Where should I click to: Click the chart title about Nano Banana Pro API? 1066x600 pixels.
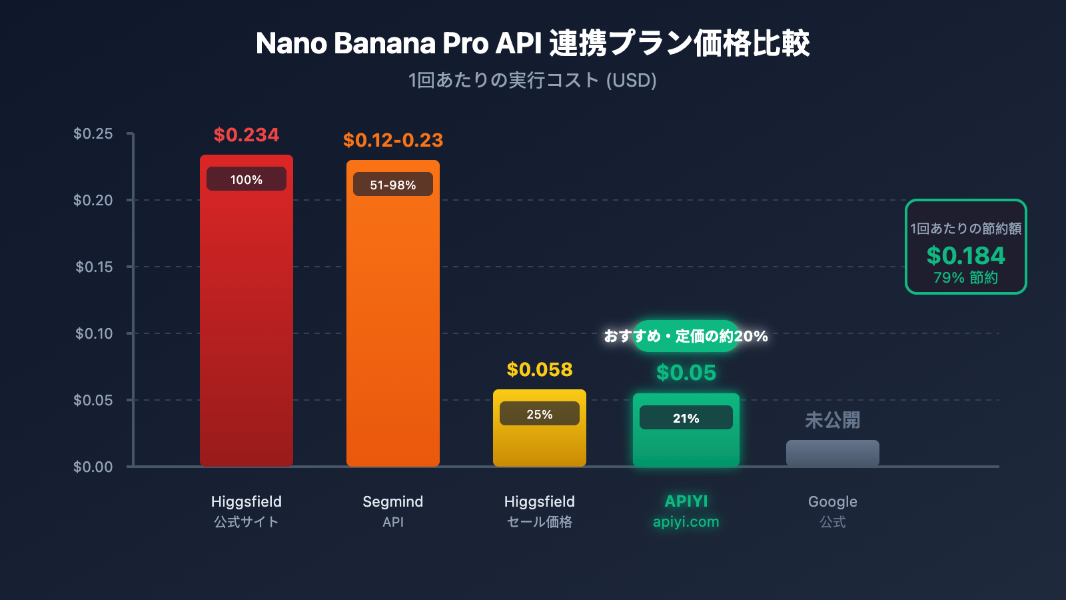coord(532,44)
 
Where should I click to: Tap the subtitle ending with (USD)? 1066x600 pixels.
coord(532,81)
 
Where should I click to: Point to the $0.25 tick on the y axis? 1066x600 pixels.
coord(93,134)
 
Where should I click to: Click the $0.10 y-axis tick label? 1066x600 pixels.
coord(93,334)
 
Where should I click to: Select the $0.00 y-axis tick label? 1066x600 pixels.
coord(93,467)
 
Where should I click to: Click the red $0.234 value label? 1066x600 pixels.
coord(246,135)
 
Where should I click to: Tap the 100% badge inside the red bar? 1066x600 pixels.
coord(246,179)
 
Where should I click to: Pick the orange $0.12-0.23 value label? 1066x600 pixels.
coord(392,141)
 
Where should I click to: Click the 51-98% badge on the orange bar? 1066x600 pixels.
coord(392,185)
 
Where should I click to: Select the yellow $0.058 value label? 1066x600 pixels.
coord(539,370)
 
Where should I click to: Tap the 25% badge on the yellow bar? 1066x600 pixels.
coord(539,414)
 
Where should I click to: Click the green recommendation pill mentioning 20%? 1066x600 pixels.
coord(686,336)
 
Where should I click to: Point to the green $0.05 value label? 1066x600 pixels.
coord(686,373)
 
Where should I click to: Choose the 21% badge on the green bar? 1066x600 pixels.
coord(686,418)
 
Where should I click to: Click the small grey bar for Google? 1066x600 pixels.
coord(832,453)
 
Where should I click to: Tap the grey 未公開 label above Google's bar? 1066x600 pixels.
coord(832,420)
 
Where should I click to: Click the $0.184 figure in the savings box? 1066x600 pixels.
coord(965,256)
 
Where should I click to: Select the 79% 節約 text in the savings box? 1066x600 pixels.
coord(965,278)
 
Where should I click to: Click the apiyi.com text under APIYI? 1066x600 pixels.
coord(686,522)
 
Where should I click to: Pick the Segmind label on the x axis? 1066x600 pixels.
coord(392,502)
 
